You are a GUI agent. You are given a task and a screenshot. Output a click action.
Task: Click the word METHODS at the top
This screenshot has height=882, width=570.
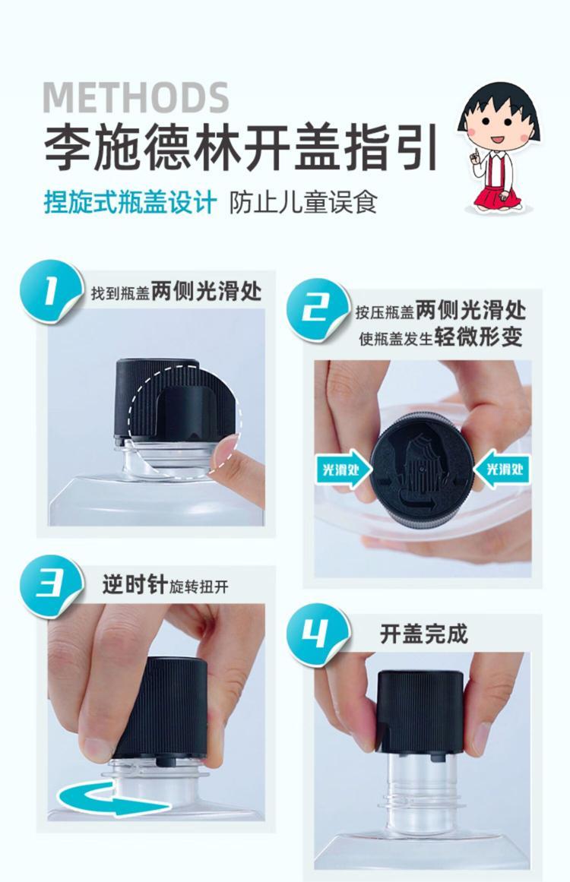pos(135,97)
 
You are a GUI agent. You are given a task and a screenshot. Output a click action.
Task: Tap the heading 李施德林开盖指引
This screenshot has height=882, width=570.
pos(242,148)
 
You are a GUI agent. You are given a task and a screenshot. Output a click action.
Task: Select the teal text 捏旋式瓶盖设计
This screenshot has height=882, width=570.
pos(130,202)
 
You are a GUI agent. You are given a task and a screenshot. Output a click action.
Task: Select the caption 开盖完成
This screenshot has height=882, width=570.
pos(424,634)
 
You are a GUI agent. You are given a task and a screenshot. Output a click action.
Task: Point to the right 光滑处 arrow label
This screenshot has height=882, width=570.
pos(501,469)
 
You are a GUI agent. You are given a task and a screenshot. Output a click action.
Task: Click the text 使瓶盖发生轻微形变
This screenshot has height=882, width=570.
pos(441,338)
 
